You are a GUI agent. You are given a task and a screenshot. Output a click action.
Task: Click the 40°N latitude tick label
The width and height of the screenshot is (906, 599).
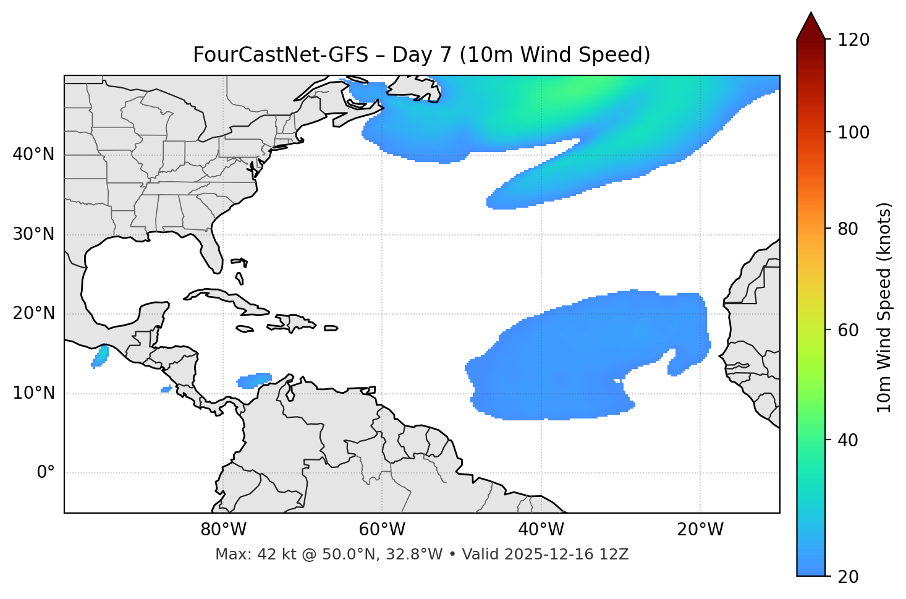click(x=33, y=155)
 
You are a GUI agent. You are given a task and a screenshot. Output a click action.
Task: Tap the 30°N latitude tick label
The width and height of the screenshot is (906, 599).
click(x=33, y=234)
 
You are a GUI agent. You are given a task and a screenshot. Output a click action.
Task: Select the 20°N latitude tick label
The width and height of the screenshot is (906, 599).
click(x=33, y=313)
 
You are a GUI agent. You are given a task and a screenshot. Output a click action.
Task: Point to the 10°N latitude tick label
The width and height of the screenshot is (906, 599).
click(x=33, y=393)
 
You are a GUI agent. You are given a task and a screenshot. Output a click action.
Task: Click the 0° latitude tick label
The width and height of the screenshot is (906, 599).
click(x=46, y=473)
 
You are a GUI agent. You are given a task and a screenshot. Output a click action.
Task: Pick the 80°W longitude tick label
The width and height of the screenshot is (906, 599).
click(x=223, y=530)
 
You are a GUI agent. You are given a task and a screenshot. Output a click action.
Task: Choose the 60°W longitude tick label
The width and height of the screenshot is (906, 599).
click(x=382, y=530)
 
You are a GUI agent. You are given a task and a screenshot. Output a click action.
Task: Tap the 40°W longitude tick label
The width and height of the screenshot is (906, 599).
click(x=541, y=530)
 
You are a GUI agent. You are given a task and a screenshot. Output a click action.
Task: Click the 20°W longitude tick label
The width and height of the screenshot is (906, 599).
click(x=700, y=530)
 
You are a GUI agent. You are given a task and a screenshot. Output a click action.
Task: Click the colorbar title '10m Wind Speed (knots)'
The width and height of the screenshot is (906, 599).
click(x=884, y=308)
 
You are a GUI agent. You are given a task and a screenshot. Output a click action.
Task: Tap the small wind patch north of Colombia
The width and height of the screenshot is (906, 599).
click(x=254, y=380)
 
